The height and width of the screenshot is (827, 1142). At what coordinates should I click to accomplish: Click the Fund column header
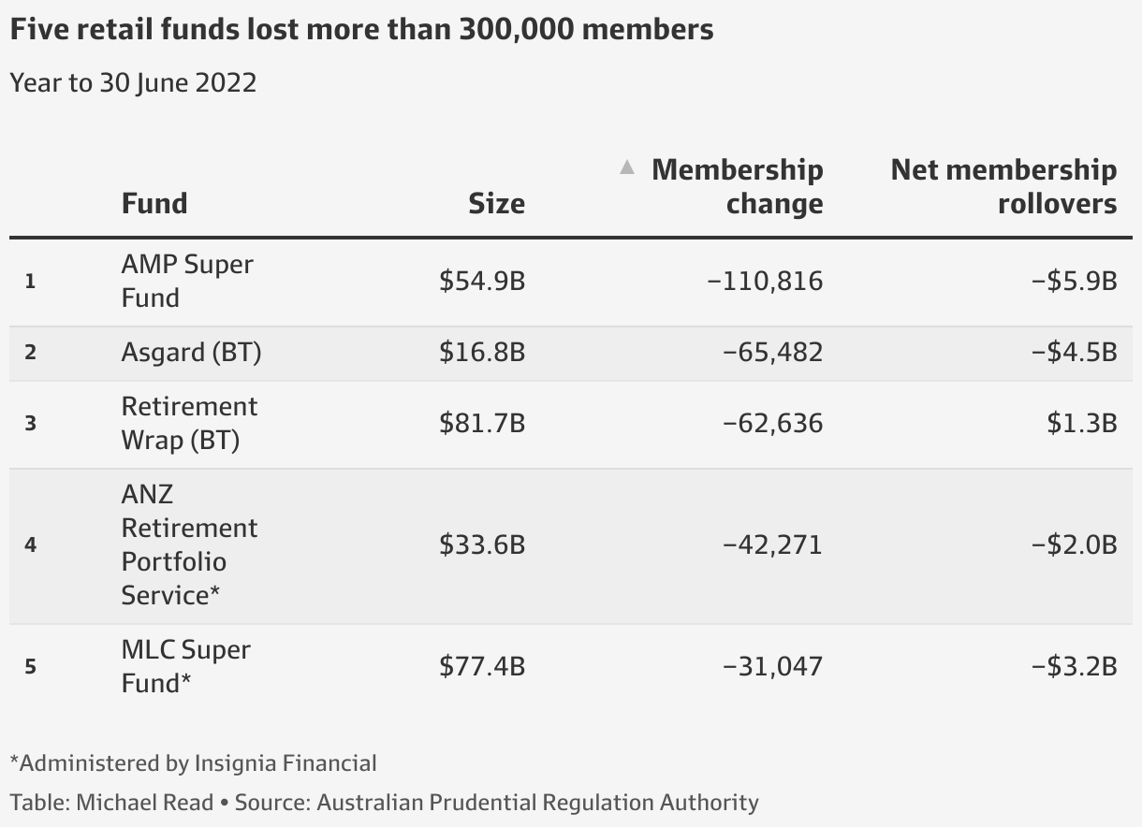pos(154,203)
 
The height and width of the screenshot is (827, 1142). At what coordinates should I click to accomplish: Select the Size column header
pos(496,203)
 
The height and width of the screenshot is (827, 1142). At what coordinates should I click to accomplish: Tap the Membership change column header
pos(737,186)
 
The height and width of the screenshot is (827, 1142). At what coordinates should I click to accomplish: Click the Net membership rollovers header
pos(1003,186)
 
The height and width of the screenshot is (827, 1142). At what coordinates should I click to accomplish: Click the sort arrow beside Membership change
pos(627,168)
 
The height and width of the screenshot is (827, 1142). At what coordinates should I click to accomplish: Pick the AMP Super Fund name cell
pos(186,281)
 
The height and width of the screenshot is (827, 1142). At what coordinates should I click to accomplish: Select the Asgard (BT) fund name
pos(191,353)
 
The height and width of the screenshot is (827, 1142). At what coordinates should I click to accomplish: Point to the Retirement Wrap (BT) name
pos(188,423)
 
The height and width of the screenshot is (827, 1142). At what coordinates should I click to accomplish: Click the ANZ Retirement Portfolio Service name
pos(188,544)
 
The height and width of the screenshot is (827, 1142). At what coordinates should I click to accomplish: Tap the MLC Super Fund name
pos(185,666)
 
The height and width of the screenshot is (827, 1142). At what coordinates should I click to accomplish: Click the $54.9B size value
pos(482,281)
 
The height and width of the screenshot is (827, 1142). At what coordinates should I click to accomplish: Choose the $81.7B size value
pos(482,423)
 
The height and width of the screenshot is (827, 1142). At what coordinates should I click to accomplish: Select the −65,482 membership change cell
pos(772,353)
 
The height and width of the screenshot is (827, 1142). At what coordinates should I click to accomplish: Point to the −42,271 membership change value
pos(772,544)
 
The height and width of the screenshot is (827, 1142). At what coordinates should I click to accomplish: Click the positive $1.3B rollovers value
pos(1082,423)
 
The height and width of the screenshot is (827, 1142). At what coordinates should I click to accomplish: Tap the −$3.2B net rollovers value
pos(1074,666)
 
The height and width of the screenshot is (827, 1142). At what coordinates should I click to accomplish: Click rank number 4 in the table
pos(30,544)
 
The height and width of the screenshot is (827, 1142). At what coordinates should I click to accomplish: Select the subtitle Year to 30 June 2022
pos(133,82)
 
